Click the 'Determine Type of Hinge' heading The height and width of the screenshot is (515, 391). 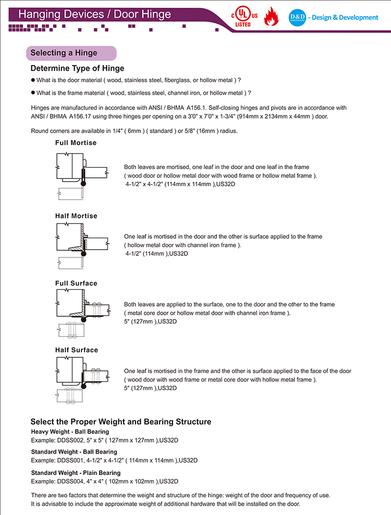click(x=77, y=69)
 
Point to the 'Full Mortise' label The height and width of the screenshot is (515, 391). click(x=76, y=143)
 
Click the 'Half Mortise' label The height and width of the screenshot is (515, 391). click(x=76, y=216)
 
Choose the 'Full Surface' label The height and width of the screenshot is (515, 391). click(x=76, y=284)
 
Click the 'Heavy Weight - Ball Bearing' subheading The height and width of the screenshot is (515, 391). click(x=70, y=432)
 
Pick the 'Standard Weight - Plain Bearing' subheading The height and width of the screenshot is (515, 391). click(x=76, y=473)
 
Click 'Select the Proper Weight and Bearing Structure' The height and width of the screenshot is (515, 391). click(x=120, y=421)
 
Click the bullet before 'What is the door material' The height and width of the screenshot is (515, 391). click(x=33, y=80)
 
